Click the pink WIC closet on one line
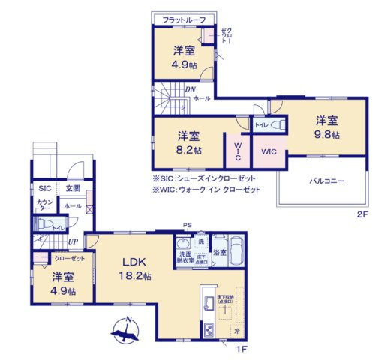point(268,151)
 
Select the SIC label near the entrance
point(45,189)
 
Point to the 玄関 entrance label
point(72,189)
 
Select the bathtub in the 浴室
point(237,250)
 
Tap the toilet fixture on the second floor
point(275,124)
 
